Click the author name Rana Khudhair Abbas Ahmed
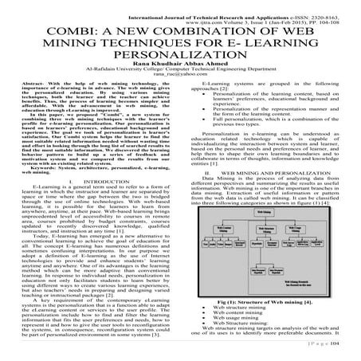coord(180,69)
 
